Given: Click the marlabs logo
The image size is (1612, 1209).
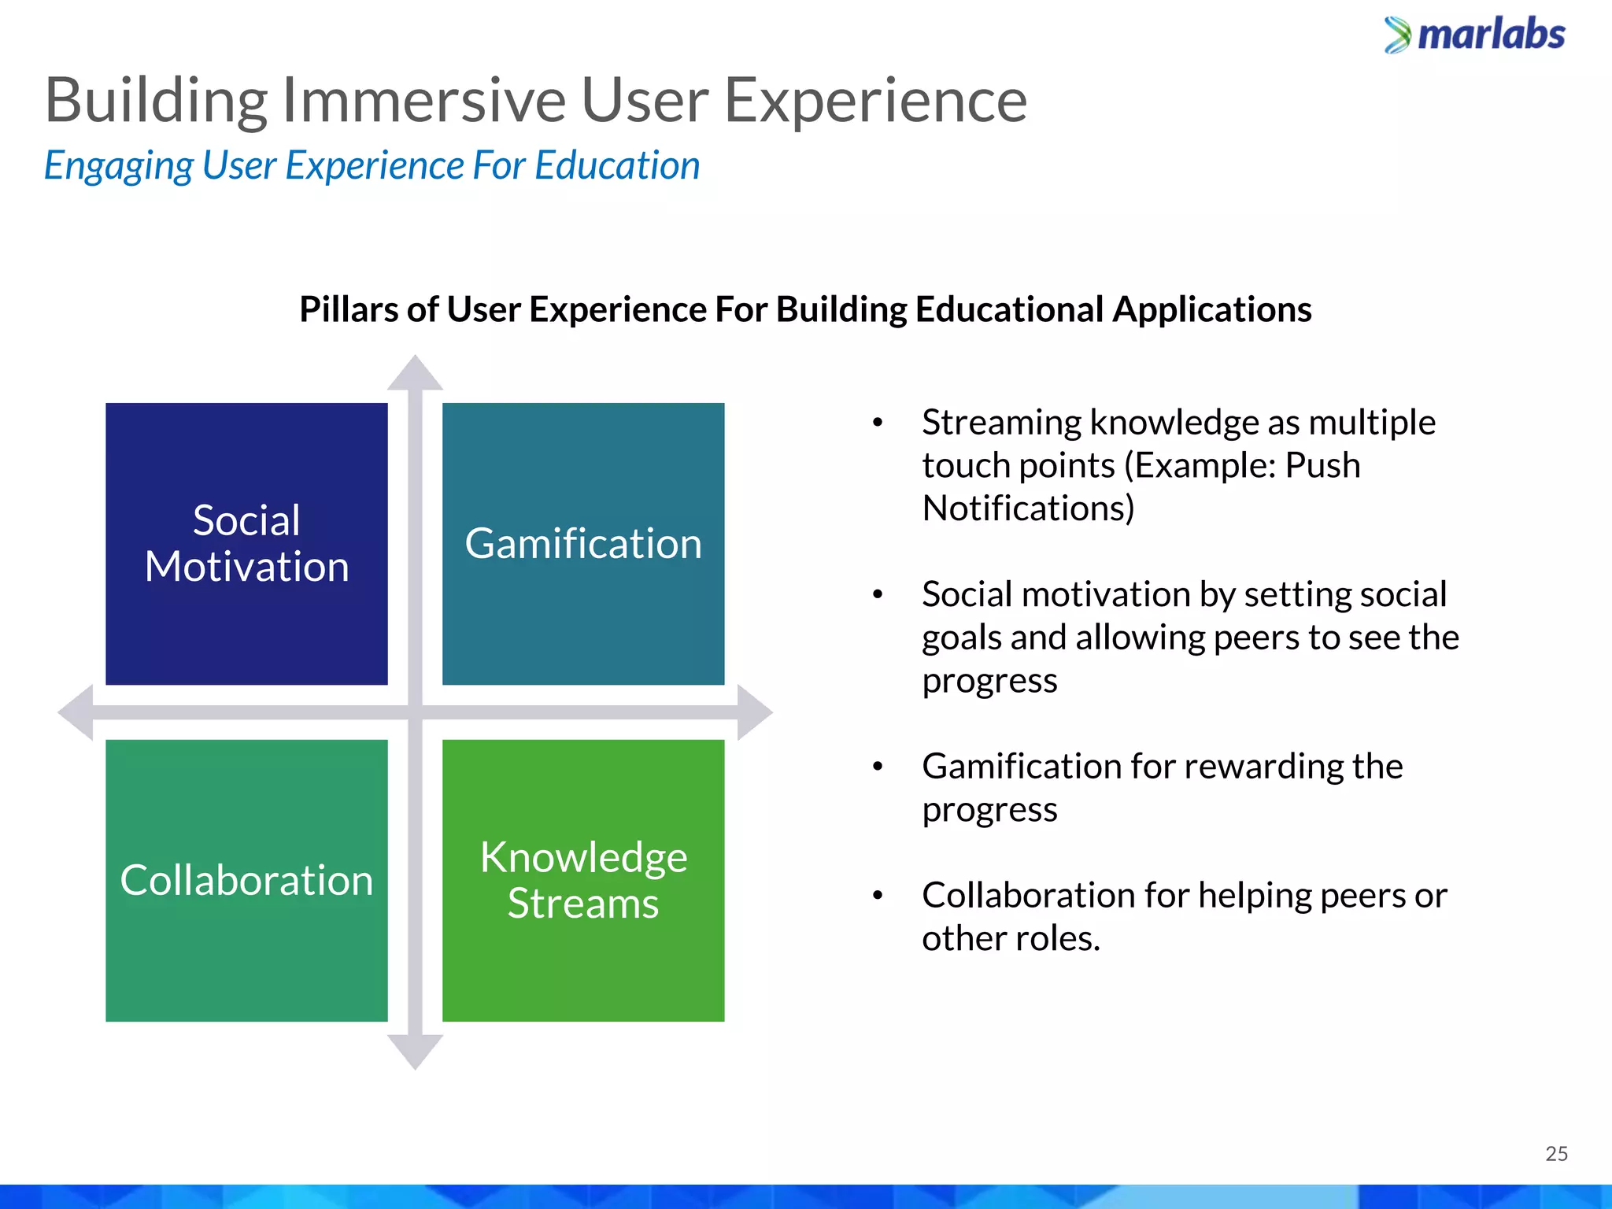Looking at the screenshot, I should pyautogui.click(x=1474, y=35).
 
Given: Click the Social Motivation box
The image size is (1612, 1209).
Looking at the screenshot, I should pyautogui.click(x=246, y=544).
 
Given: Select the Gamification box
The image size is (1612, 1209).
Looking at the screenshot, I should pyautogui.click(x=583, y=544).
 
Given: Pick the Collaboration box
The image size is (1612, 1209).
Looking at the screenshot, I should pyautogui.click(x=246, y=880).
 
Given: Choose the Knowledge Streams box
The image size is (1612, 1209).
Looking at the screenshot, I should pyautogui.click(x=583, y=880).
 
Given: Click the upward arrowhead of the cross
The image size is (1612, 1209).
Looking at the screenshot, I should pyautogui.click(x=415, y=374).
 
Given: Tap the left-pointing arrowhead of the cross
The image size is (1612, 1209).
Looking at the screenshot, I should pyautogui.click(x=77, y=712).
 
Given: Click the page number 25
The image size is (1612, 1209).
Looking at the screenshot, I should pyautogui.click(x=1556, y=1154).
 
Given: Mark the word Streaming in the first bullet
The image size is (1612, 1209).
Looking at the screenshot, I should pyautogui.click(x=1001, y=423).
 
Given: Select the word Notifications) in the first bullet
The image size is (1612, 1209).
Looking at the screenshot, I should pyautogui.click(x=1028, y=508).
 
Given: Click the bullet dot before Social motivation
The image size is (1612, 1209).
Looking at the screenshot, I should pyautogui.click(x=878, y=595).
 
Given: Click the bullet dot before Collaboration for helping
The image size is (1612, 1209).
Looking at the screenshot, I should pyautogui.click(x=878, y=896).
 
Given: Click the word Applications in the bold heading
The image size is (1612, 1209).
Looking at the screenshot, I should pyautogui.click(x=1211, y=309).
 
